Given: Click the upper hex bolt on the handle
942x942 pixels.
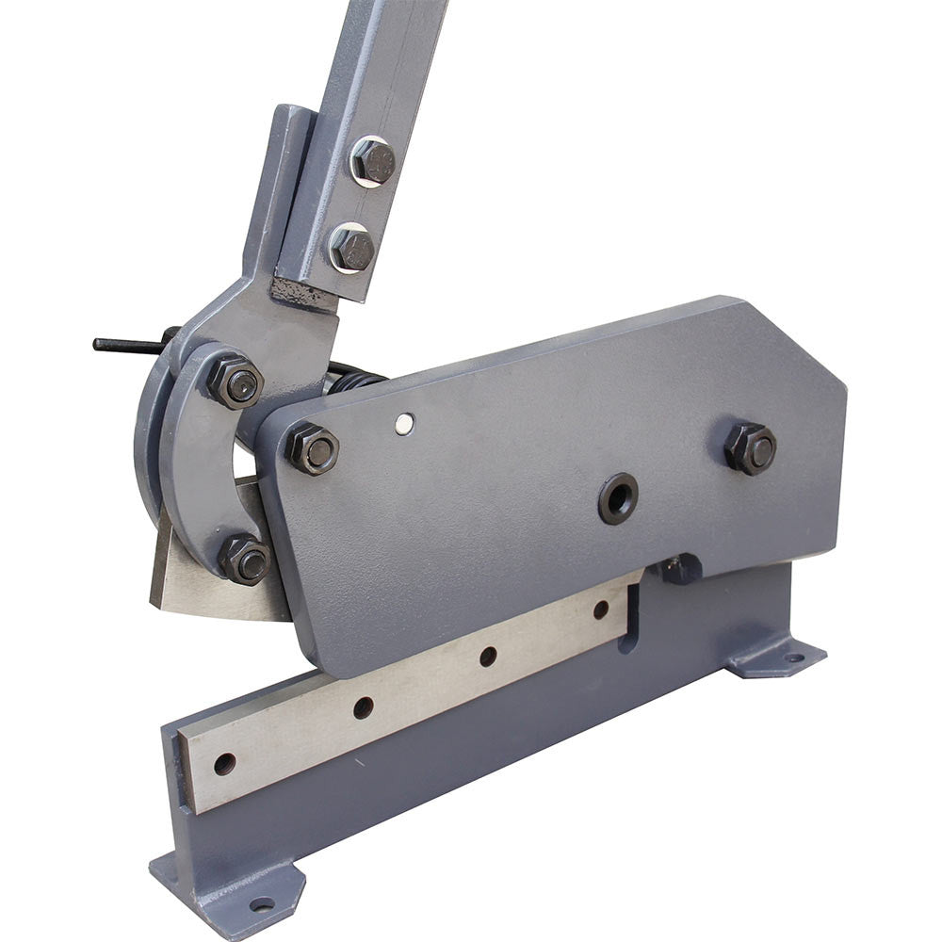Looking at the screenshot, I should tap(373, 161).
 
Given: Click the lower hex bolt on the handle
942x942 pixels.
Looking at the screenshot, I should tap(352, 249).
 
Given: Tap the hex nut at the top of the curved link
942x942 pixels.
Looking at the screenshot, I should tap(235, 382).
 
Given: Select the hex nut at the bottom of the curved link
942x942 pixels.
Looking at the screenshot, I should tap(246, 560).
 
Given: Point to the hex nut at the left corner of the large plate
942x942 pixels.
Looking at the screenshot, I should tap(313, 449).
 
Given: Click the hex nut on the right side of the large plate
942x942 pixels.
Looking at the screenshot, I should tap(751, 447).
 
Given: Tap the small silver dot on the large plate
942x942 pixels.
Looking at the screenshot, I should tap(404, 424).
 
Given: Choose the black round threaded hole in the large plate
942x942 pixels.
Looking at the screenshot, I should tap(618, 498).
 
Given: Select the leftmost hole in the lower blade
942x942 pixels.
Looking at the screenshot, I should tap(224, 764).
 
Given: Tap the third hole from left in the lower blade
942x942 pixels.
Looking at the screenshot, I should tap(488, 657).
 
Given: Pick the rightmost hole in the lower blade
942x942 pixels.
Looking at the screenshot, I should tap(600, 609).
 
